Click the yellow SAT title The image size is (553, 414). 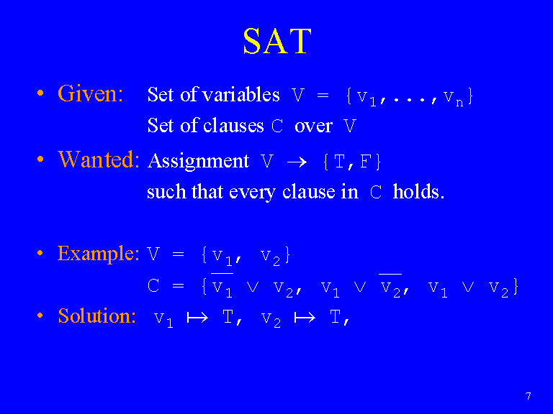277,41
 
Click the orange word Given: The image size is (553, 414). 90,93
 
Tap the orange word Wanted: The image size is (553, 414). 99,159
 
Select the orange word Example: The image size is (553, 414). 98,254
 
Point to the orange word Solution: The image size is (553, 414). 96,316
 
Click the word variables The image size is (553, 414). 241,94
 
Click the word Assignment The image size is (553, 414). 198,161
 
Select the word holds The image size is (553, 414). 418,191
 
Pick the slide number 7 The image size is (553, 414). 528,397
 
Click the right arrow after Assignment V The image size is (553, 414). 297,162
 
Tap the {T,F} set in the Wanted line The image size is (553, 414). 352,162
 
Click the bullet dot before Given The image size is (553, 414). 40,93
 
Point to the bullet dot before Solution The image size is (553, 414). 40,316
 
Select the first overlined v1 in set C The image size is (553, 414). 222,285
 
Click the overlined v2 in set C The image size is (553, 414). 390,285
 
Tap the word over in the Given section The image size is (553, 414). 313,126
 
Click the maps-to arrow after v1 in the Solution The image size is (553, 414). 197,318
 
